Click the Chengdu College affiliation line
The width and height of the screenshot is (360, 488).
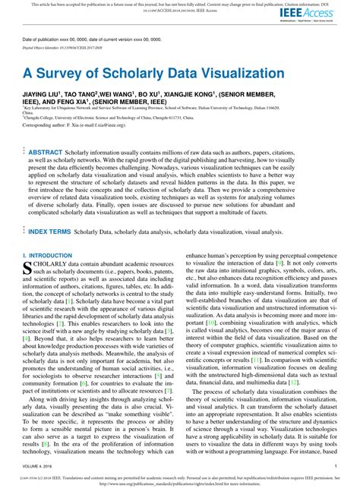(114, 126)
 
